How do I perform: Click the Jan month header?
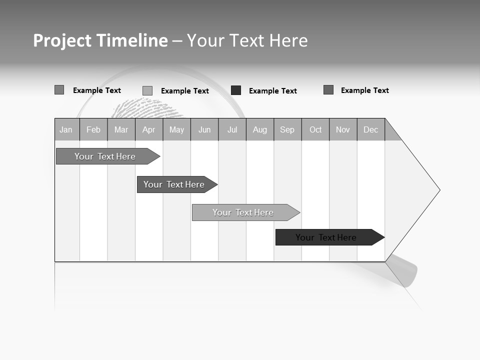(66, 129)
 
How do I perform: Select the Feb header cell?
(93, 129)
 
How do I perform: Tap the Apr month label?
(148, 129)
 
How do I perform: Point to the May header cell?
(176, 129)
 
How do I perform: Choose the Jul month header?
(232, 129)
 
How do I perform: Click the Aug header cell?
(260, 129)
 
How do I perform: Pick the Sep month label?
(287, 129)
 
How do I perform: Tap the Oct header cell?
(315, 129)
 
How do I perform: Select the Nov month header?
(343, 129)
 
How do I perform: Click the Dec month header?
(371, 129)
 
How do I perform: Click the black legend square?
(236, 90)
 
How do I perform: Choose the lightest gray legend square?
(147, 90)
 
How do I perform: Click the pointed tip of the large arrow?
(438, 190)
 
